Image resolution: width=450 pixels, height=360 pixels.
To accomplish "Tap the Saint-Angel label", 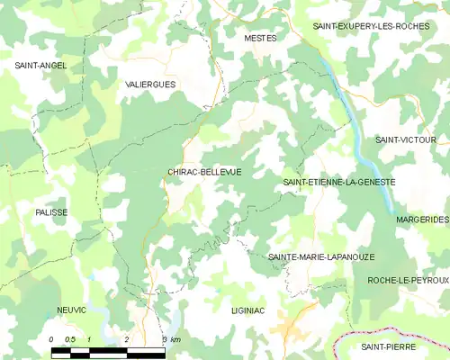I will [40, 66].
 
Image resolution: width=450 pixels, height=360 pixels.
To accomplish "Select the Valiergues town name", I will [151, 84].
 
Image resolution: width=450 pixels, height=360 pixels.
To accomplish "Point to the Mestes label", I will [260, 39].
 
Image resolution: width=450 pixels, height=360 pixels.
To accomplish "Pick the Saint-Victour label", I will [405, 140].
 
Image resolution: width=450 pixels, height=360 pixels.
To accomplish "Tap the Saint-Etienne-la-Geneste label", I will [339, 183].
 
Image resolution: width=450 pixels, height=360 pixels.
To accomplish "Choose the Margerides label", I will [421, 220].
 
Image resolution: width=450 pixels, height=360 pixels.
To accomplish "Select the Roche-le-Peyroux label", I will [408, 281].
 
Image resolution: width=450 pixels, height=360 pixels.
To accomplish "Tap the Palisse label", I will [51, 212].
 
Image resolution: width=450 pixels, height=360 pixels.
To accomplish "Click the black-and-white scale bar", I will [108, 349].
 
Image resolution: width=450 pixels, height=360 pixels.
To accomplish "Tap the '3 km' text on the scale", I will [171, 339].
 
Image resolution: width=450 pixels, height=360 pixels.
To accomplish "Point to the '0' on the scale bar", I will [52, 339].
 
